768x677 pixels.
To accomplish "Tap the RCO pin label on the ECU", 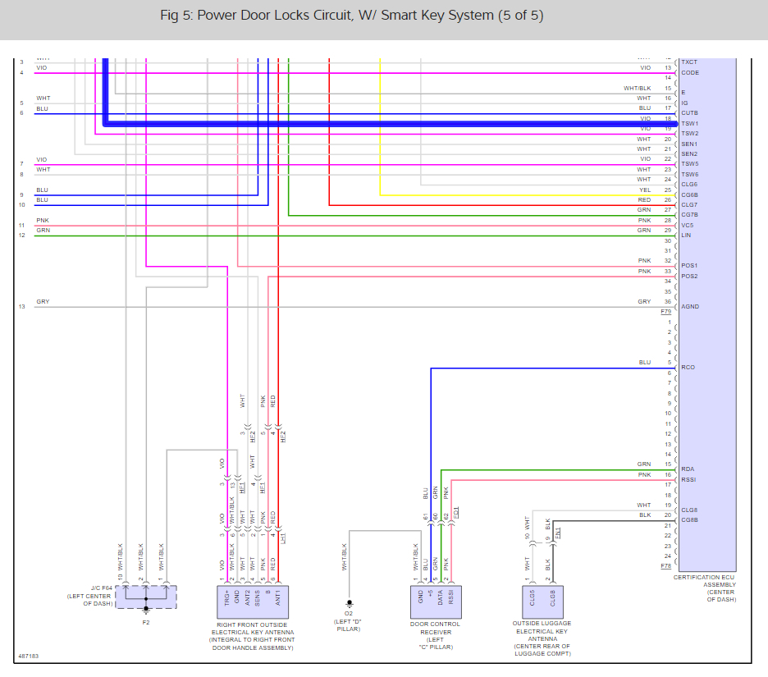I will click(688, 368).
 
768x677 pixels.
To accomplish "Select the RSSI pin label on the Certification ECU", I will click(688, 479).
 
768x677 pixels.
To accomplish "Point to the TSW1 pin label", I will click(689, 124).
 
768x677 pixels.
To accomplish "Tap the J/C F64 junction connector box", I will click(146, 597).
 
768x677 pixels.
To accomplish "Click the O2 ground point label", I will click(349, 612).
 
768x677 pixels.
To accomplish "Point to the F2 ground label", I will click(146, 622).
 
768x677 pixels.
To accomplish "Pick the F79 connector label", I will click(665, 313).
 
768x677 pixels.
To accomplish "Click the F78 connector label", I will click(665, 566).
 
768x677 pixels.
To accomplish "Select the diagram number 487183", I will click(28, 656).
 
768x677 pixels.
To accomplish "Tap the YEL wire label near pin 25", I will click(644, 190).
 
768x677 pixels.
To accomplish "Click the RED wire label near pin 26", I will click(644, 200).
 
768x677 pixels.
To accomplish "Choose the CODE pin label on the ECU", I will click(690, 73).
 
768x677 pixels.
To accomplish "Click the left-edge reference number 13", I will click(21, 307).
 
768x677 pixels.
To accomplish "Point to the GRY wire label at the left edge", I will click(43, 302).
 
